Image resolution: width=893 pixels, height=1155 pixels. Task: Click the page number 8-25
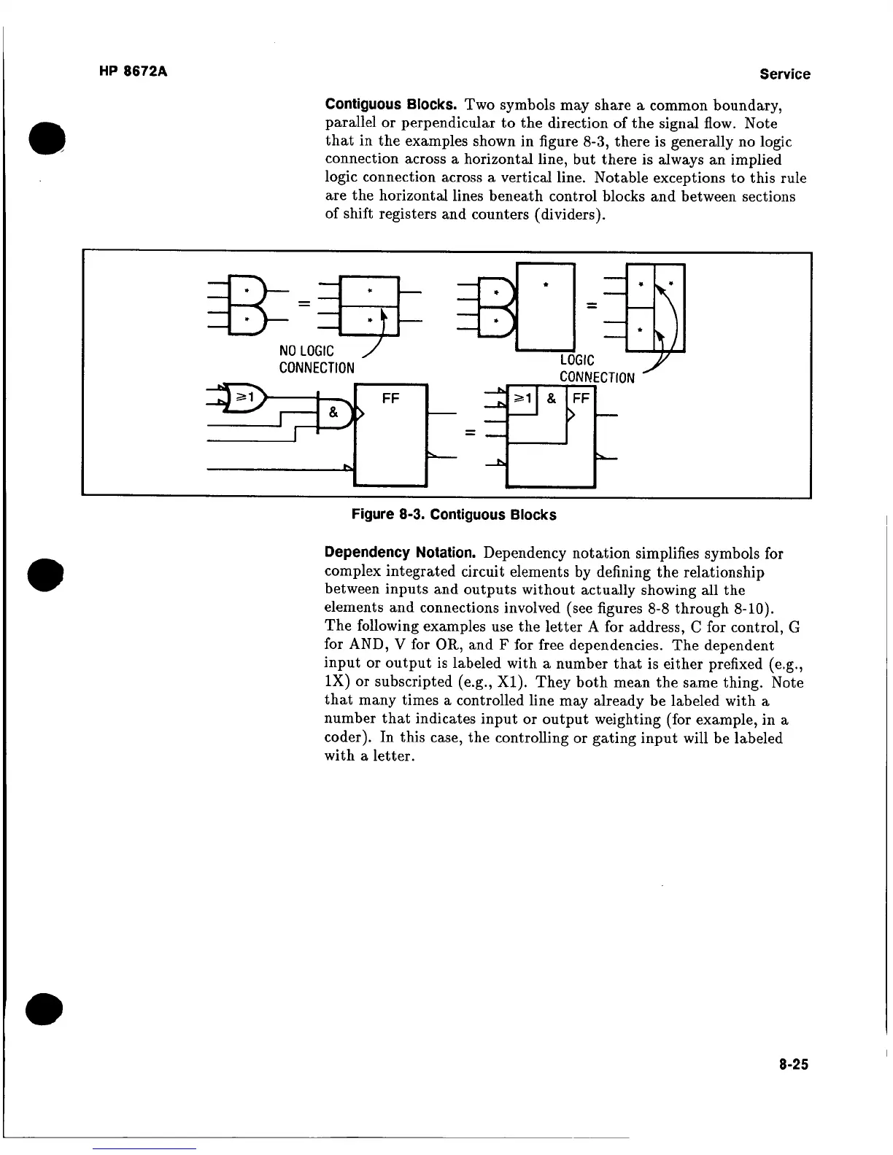coord(793,1065)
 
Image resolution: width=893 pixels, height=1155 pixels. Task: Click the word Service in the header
coord(784,74)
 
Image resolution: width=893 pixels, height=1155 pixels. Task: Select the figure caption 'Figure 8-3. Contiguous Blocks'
coord(454,515)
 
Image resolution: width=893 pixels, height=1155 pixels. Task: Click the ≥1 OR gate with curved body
coord(246,397)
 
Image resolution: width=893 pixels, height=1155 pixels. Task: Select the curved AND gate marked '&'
coord(333,412)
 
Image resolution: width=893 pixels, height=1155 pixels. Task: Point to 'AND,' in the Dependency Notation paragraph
coord(347,645)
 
